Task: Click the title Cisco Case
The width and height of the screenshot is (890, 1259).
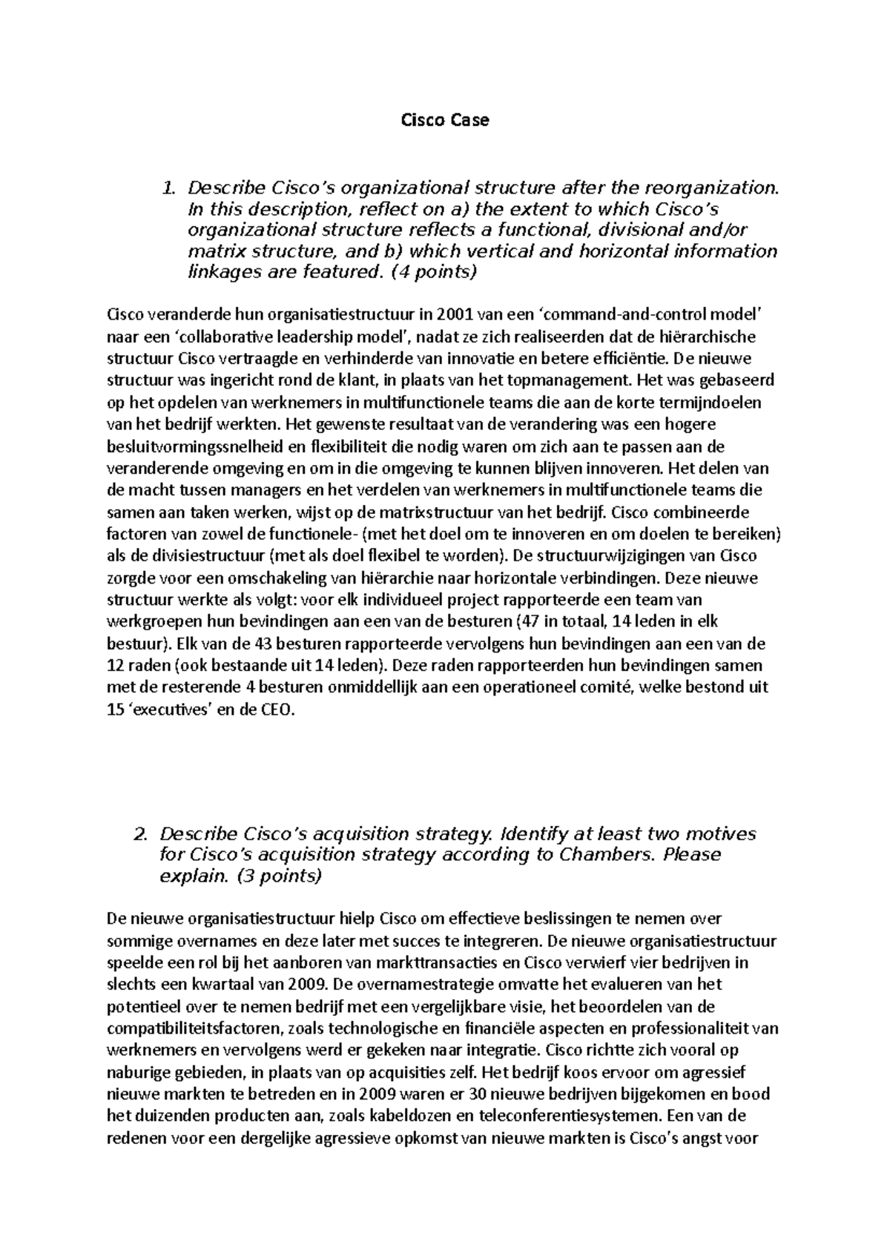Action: (x=445, y=120)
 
